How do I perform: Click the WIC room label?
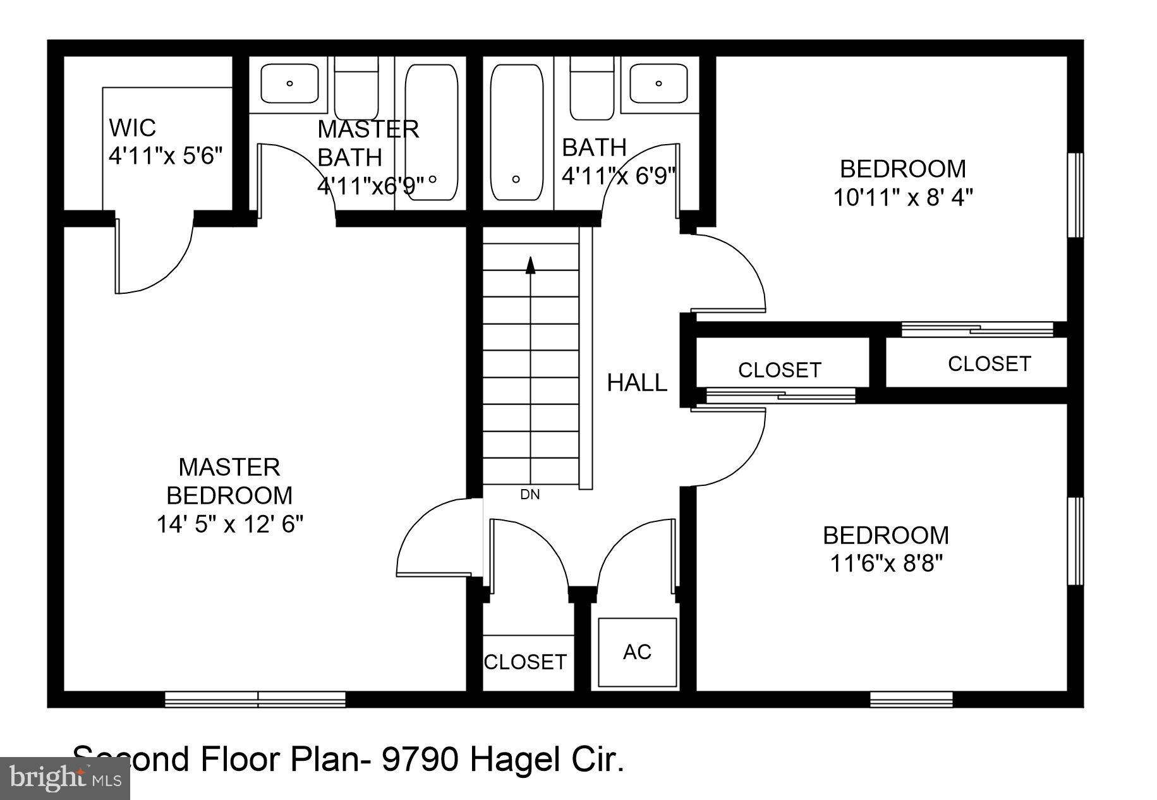click(132, 128)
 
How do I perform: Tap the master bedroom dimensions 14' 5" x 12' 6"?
click(230, 524)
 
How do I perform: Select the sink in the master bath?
click(290, 83)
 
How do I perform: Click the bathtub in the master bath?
click(432, 133)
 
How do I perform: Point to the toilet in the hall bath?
click(592, 88)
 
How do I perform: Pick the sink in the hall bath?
click(658, 83)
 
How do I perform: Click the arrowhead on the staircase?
click(531, 265)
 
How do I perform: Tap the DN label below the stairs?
click(530, 495)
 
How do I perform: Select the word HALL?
click(636, 383)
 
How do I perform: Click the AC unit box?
click(637, 652)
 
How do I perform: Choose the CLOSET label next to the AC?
click(525, 662)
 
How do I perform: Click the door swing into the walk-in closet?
click(155, 256)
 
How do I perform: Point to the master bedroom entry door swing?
click(436, 537)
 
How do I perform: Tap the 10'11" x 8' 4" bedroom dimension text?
click(902, 198)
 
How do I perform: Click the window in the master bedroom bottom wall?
click(255, 699)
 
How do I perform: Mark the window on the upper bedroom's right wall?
click(1075, 195)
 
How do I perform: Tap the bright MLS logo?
click(64, 778)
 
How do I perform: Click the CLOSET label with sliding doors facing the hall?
click(779, 370)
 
